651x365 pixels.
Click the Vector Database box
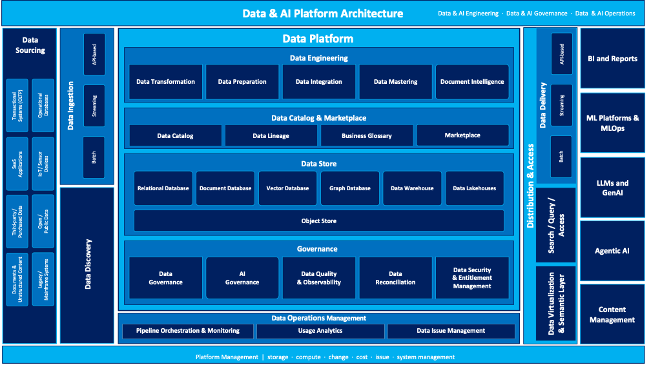click(287, 188)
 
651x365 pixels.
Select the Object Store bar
click(319, 221)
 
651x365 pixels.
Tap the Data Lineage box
click(271, 135)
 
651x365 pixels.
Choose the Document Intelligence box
click(472, 82)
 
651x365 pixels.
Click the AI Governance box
click(242, 278)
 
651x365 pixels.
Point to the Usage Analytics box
click(320, 331)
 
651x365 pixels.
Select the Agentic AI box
click(612, 251)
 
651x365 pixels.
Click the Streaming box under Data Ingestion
click(94, 106)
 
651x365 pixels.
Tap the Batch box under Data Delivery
click(561, 157)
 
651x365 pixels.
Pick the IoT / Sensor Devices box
click(43, 164)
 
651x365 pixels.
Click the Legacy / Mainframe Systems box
click(43, 279)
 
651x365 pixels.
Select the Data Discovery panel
click(87, 265)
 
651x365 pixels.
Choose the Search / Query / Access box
click(556, 225)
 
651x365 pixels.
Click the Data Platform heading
click(318, 39)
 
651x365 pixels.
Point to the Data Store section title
click(319, 164)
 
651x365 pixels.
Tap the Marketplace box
click(462, 135)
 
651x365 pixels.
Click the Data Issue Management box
click(451, 331)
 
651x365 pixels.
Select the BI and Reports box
click(612, 59)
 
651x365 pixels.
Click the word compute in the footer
click(308, 357)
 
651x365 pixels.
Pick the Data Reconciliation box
click(395, 278)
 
